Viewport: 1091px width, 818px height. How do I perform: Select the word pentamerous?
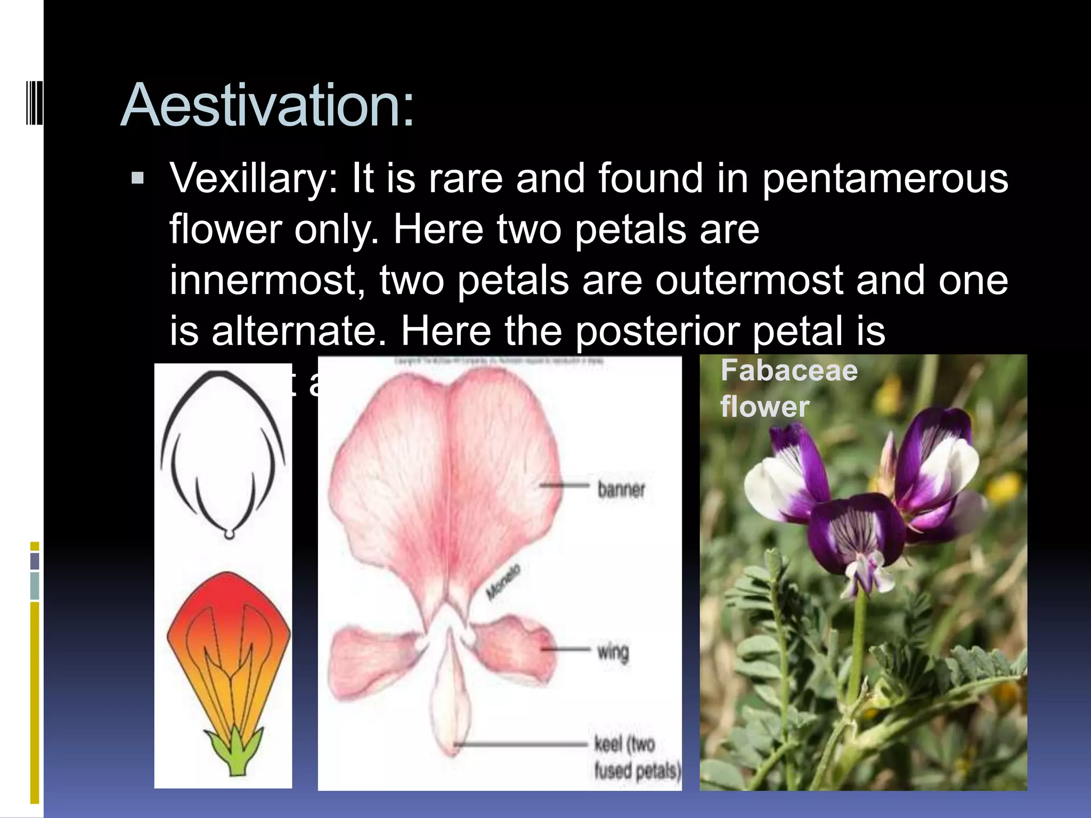click(884, 178)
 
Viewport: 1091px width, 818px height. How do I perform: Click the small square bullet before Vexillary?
click(137, 178)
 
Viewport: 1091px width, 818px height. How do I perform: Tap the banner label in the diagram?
click(621, 489)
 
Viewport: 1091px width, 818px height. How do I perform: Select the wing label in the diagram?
click(613, 651)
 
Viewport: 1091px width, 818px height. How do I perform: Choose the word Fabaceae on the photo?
click(789, 370)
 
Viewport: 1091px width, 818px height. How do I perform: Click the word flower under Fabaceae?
click(764, 407)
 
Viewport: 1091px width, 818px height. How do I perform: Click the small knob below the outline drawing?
click(229, 534)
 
